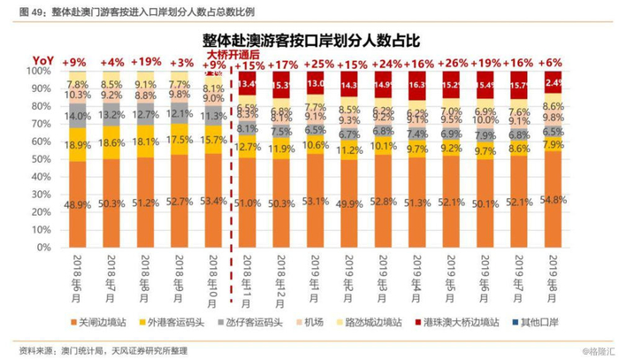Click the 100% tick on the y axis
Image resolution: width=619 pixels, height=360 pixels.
(38, 70)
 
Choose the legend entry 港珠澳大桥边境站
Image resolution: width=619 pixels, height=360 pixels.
(466, 321)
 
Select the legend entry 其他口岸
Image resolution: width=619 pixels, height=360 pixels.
(549, 321)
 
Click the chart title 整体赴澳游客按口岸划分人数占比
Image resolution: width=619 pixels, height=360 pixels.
(309, 40)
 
